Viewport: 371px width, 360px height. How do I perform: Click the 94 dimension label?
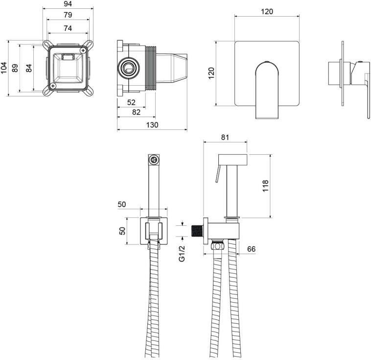click(x=68, y=4)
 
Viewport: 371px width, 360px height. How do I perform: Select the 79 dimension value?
click(x=68, y=15)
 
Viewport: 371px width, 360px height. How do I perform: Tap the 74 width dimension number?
click(x=68, y=28)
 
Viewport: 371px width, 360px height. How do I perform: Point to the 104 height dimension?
click(x=4, y=68)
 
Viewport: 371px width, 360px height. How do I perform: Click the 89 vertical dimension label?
click(x=15, y=68)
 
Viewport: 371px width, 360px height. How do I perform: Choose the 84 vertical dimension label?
click(x=28, y=68)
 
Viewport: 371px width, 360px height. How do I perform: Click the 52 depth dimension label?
click(x=131, y=102)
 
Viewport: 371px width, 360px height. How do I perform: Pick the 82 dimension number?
click(x=136, y=112)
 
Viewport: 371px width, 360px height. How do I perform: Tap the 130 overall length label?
click(x=152, y=125)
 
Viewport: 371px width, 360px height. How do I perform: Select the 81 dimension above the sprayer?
click(x=225, y=137)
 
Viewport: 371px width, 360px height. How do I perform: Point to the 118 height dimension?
click(x=265, y=186)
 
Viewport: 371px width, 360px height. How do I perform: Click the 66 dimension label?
click(x=251, y=249)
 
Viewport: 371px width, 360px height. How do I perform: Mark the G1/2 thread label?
click(x=182, y=253)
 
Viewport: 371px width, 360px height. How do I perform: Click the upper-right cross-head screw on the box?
click(x=83, y=50)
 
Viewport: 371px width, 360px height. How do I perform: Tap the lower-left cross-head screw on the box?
click(x=53, y=86)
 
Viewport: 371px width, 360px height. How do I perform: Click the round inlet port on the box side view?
click(x=128, y=68)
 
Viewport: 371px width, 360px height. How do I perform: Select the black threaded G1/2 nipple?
click(x=197, y=231)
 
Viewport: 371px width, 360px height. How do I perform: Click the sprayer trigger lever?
click(x=218, y=173)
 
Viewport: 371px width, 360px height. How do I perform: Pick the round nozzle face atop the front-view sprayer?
click(x=154, y=160)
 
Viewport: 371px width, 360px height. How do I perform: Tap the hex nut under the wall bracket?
click(x=217, y=245)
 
